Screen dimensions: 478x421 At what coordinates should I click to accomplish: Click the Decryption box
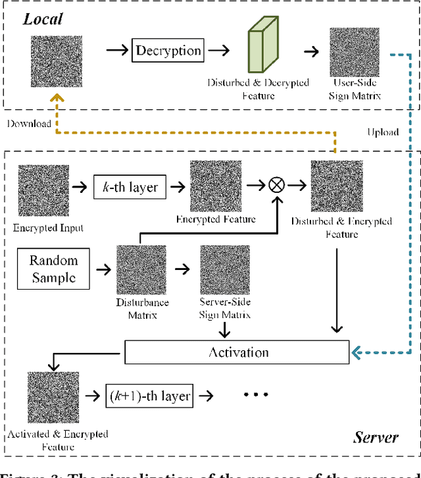(168, 50)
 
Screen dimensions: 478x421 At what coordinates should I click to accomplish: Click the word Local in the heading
(43, 18)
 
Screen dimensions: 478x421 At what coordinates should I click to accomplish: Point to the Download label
(29, 123)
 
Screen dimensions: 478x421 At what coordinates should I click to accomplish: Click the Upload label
(383, 132)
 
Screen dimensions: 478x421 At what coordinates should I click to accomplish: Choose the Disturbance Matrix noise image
(141, 270)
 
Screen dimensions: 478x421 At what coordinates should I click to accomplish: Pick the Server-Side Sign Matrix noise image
(225, 270)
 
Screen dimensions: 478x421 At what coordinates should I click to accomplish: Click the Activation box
(237, 352)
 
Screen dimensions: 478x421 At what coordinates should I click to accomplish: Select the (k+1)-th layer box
(149, 396)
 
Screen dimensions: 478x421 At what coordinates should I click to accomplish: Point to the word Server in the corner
(376, 437)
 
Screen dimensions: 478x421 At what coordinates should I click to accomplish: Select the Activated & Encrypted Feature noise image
(53, 398)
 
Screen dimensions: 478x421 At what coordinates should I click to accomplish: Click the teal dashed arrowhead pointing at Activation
(356, 352)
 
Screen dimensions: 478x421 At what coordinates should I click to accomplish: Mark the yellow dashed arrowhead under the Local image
(57, 98)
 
